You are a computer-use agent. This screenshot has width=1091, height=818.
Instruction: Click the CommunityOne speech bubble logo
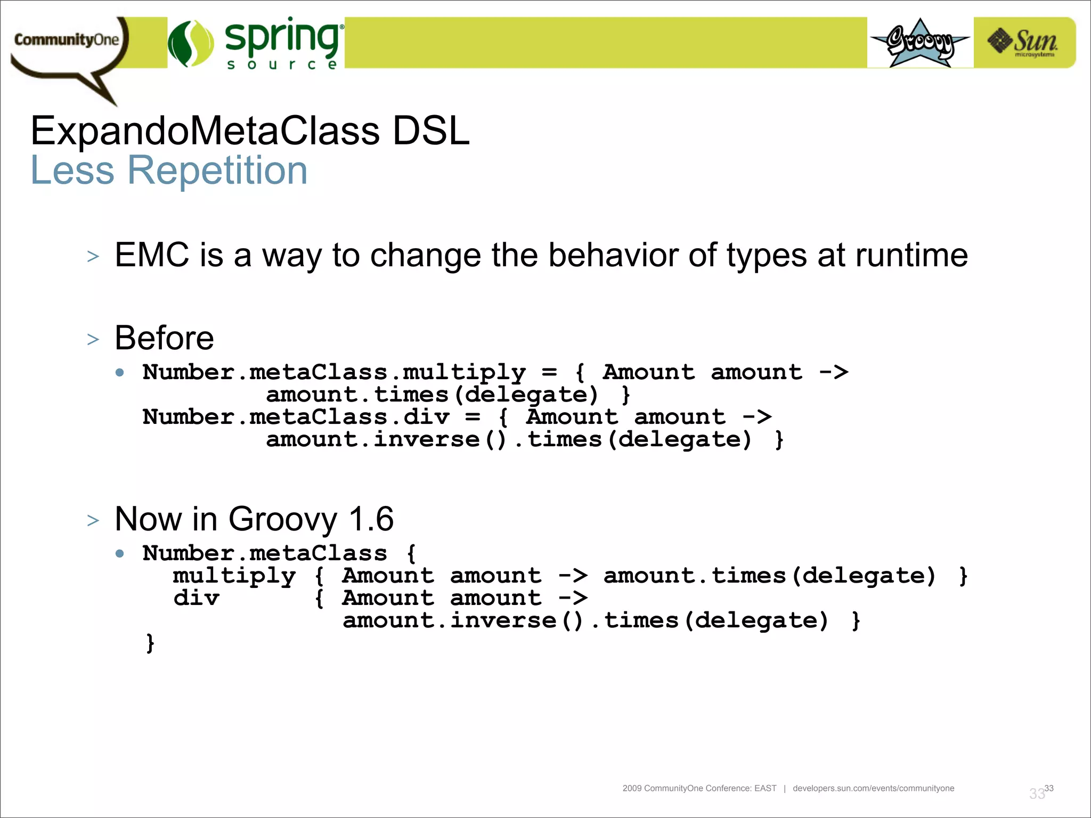click(67, 43)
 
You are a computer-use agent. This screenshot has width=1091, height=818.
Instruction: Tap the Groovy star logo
click(920, 43)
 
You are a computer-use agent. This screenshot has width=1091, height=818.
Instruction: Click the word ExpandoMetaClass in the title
click(205, 131)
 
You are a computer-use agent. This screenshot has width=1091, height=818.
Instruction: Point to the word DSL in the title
click(430, 131)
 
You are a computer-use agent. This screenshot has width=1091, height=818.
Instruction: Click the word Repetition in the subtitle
click(217, 170)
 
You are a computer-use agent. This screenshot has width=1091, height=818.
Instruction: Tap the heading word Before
click(164, 338)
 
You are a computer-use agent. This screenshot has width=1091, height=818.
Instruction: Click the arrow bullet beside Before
click(93, 339)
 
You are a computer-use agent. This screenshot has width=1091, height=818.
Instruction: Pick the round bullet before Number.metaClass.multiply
click(120, 373)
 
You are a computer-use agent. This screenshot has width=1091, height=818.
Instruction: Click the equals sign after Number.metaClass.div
click(472, 417)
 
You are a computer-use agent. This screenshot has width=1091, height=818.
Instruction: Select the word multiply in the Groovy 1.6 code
click(234, 576)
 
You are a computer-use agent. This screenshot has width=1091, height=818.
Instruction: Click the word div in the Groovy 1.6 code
click(196, 599)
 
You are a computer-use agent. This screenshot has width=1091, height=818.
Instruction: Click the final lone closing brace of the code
click(150, 643)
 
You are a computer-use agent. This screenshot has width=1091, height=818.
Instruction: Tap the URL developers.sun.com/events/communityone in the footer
click(873, 788)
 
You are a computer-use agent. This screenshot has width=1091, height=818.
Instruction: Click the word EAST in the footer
click(765, 788)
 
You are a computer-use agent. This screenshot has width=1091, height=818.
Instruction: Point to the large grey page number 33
click(1037, 794)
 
